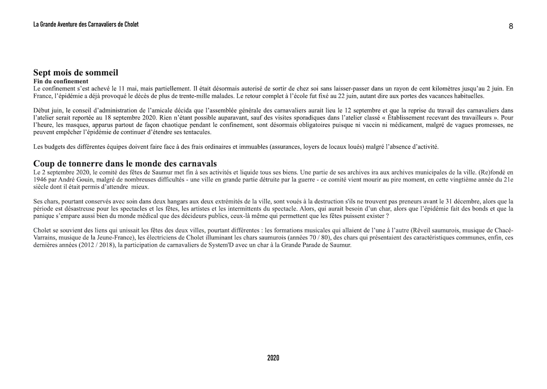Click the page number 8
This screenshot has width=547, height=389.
click(x=511, y=26)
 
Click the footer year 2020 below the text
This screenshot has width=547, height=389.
click(x=273, y=358)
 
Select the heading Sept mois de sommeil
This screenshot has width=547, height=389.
click(x=76, y=73)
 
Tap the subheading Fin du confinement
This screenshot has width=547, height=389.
click(x=61, y=81)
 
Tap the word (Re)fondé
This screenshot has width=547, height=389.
click(x=490, y=172)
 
